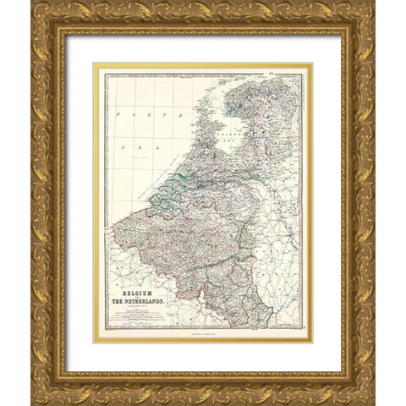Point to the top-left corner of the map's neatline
(x=104, y=74)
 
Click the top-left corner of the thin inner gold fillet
(x=94, y=64)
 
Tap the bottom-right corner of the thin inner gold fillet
(x=312, y=341)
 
